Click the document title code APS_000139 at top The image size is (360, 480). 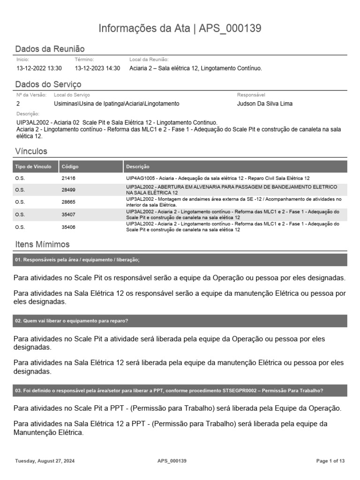coord(230,29)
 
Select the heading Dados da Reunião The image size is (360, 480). coord(50,49)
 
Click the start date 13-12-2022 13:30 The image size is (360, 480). coord(39,68)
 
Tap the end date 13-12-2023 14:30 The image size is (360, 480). coord(97,68)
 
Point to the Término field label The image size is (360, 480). coord(84,60)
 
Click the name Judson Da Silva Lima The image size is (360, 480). coord(265,104)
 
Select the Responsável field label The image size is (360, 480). coord(251,95)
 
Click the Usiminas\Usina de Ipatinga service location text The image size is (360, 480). coord(116,104)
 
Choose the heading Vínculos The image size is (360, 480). coord(31,151)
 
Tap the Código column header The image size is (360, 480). coord(70,166)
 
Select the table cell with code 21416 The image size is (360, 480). coord(68,179)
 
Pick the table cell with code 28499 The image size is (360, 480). coord(68,190)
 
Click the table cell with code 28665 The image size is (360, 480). coord(68,202)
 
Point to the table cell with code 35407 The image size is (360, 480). coord(68,215)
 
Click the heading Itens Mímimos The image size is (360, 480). coord(42,245)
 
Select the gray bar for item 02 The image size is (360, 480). coord(180,321)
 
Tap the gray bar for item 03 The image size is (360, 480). coord(180,391)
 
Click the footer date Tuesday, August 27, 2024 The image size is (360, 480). coord(45,461)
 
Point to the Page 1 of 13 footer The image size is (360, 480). coord(330,461)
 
